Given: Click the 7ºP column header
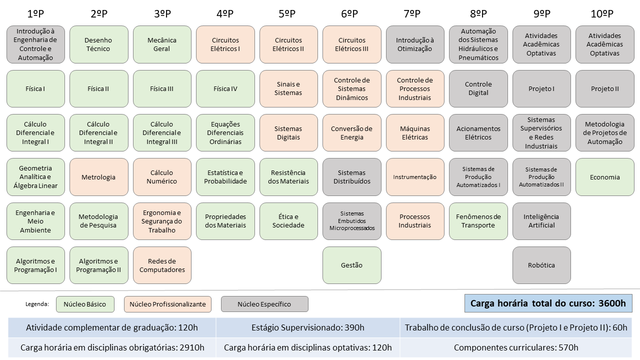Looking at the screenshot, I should point(415,14).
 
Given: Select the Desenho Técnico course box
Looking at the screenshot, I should point(98,44).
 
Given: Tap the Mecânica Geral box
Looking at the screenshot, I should point(162,44).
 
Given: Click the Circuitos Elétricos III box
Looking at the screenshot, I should point(352,44).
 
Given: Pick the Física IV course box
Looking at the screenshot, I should point(225,89).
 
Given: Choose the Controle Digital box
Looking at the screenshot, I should point(478,89).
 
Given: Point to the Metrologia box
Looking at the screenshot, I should point(98,177).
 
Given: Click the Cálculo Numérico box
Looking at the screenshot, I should point(162,177).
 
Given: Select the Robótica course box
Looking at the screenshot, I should point(541,265).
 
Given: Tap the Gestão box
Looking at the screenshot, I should point(352,265).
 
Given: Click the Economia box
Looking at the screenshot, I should point(605,177).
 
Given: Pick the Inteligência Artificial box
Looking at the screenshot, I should point(541,221).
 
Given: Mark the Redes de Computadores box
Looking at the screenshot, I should point(162,265).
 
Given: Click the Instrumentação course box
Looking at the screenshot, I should point(415,177).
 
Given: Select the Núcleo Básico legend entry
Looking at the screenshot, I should point(85,304).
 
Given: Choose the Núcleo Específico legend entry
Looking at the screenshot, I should point(264,304).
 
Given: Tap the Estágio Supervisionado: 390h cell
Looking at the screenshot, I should point(308,328).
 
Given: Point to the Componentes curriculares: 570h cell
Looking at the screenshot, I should point(516,347).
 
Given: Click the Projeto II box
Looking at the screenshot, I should point(605,89).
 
